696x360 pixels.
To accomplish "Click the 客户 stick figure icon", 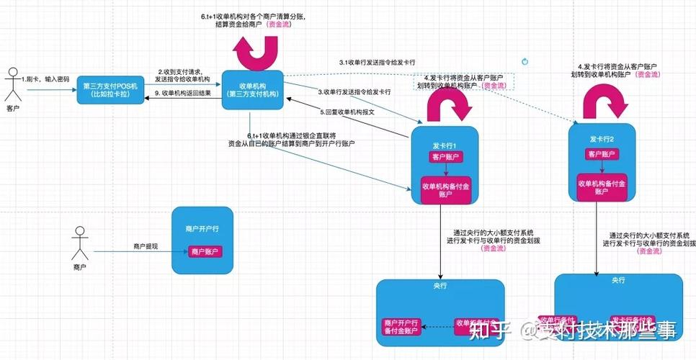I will [12, 85].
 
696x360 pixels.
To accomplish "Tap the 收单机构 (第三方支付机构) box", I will [252, 90].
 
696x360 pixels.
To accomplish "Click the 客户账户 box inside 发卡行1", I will [447, 157].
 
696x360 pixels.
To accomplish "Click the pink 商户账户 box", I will [205, 252].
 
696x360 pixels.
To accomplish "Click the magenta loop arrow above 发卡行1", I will [447, 106].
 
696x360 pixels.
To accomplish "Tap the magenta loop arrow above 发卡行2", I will [601, 101].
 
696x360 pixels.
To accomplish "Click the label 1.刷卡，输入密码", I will [45, 78].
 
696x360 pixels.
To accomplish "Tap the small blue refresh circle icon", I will [525, 62].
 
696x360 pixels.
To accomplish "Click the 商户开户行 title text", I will [202, 228].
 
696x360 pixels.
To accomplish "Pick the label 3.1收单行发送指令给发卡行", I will [378, 63].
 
